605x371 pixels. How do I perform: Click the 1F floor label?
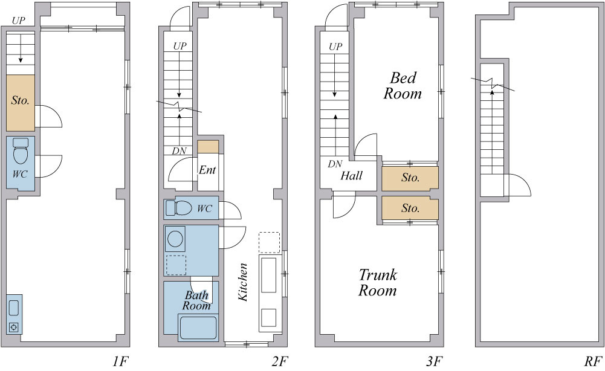(x=120, y=361)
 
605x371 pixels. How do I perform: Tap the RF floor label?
(x=593, y=361)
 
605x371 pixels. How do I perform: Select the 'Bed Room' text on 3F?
(x=403, y=86)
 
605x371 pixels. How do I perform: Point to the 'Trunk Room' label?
(x=378, y=283)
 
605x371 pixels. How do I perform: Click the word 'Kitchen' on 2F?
(x=243, y=282)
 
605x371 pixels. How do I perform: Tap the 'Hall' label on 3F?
(x=351, y=176)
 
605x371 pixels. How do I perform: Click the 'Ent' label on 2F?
(x=207, y=170)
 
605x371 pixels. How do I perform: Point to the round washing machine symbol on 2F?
(x=175, y=239)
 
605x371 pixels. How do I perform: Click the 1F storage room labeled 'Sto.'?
(x=21, y=103)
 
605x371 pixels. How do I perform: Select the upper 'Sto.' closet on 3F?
(x=410, y=178)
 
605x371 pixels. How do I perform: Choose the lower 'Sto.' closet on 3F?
(x=410, y=208)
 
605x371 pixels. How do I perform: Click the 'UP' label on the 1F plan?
(x=19, y=21)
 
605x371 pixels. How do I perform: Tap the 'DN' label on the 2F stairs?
(x=179, y=151)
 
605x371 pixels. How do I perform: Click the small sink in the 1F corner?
(x=14, y=314)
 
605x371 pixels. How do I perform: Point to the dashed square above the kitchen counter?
(x=270, y=242)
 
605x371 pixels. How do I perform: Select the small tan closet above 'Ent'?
(x=208, y=147)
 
